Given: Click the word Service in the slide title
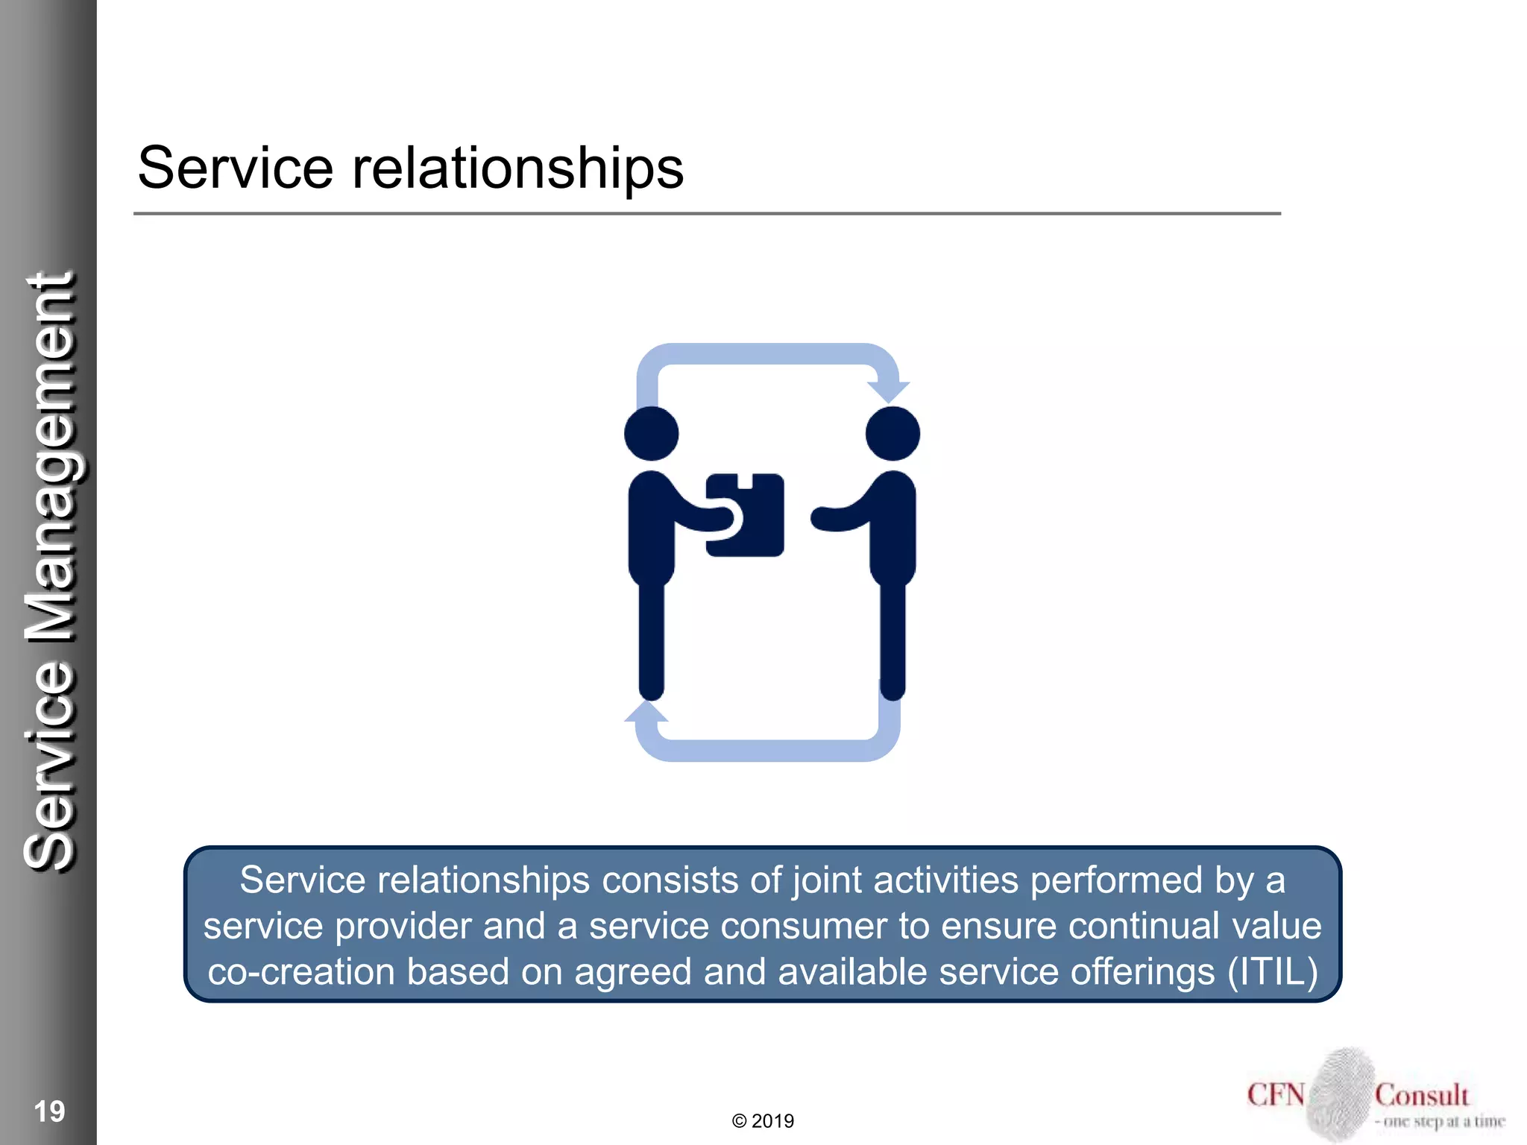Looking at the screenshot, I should tap(235, 168).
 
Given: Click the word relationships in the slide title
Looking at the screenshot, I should tap(517, 168).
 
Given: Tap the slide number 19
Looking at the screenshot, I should tap(49, 1111).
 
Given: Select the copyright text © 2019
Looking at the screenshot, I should tap(763, 1121).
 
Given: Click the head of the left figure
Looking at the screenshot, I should tap(652, 434).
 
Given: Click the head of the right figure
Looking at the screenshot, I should tap(892, 434).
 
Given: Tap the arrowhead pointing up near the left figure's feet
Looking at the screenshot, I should tap(646, 713).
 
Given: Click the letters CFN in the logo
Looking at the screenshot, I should tap(1276, 1095).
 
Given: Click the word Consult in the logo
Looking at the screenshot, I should tap(1422, 1095).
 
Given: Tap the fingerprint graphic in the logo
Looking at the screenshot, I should tap(1341, 1093).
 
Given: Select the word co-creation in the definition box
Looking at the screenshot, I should tap(301, 972).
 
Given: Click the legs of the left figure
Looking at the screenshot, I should tap(652, 641).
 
